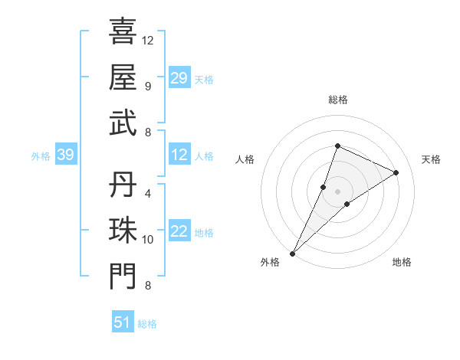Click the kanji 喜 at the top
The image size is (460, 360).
point(123,31)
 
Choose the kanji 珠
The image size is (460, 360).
point(123,231)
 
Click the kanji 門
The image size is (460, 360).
point(123,277)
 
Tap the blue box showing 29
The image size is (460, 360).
point(179,78)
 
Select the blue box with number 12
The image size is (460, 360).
point(179,155)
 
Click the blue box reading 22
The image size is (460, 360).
point(179,232)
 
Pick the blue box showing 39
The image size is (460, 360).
point(65,155)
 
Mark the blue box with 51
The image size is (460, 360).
point(122,322)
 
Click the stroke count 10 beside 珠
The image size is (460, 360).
point(148,240)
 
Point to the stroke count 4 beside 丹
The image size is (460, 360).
point(148,193)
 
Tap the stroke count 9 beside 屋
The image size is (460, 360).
point(148,86)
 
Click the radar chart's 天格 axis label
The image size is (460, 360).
point(431,159)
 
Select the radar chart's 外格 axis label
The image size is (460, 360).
point(270,262)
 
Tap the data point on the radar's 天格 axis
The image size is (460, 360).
point(396,172)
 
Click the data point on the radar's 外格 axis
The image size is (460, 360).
point(293,253)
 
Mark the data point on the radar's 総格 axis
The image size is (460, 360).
point(337,146)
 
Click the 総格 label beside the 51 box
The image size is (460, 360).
point(147,324)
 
